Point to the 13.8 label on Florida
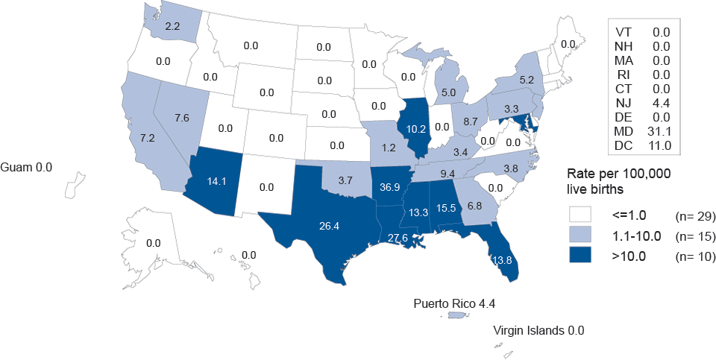(501, 261)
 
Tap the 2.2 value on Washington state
(172, 27)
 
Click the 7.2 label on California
(146, 139)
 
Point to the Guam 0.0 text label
(27, 167)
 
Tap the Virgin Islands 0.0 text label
(538, 330)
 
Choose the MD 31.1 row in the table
(643, 131)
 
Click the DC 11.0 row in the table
(643, 145)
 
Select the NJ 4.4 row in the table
(643, 103)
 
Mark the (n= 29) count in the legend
(695, 217)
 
